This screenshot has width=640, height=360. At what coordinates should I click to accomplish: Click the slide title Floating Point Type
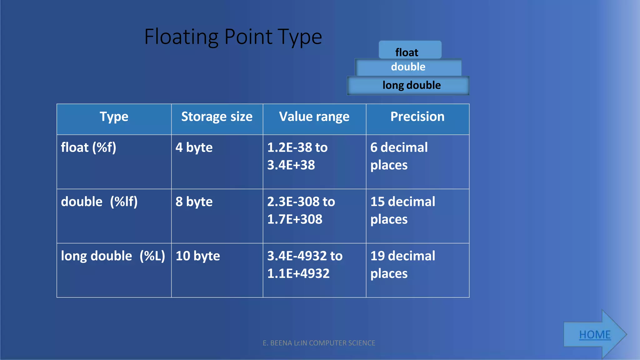point(233,37)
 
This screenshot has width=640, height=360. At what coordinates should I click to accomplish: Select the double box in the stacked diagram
point(408,67)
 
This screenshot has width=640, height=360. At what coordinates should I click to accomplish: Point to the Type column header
point(114,117)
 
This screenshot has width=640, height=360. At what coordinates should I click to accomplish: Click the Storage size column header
point(217,117)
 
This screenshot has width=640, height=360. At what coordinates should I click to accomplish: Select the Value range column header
point(314,117)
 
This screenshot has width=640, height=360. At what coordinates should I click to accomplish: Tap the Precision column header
point(417,117)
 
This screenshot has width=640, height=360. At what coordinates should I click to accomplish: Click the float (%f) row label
point(88,147)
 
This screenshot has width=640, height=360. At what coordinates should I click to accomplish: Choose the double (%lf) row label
point(99,202)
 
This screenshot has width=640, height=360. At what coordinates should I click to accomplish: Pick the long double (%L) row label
point(113,256)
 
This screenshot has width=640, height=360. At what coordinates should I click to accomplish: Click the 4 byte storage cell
point(194,147)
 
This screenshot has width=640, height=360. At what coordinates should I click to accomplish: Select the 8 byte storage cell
point(194,202)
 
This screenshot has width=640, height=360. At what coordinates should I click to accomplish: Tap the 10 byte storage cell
point(198,256)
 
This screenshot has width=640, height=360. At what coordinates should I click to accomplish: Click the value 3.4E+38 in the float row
point(291,165)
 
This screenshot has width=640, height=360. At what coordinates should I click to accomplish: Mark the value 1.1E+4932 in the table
point(298,273)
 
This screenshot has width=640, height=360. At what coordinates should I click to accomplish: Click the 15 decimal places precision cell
point(402,210)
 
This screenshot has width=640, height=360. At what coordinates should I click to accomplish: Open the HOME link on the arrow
point(595,335)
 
